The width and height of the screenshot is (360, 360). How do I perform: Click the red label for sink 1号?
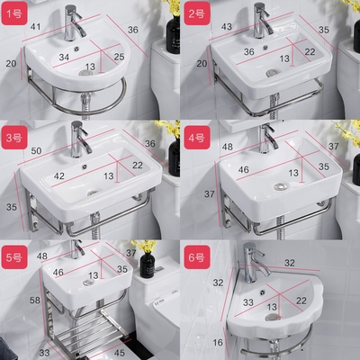14,13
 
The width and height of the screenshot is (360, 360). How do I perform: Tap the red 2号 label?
197,13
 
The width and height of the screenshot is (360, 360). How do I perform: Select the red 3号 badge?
14,138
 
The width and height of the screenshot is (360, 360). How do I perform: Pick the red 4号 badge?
197,138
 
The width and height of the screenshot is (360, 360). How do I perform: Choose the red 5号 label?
14,257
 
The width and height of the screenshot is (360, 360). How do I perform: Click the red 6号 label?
197,257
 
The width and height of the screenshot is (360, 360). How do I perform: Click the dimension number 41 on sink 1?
35,27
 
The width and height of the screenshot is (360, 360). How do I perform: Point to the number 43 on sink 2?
227,27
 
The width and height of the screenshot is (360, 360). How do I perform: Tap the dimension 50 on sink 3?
36,150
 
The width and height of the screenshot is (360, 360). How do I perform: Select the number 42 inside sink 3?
58,176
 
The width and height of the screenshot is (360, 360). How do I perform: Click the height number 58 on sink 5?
35,300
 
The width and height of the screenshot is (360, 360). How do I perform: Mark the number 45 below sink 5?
120,353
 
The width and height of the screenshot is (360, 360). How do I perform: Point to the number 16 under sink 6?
218,342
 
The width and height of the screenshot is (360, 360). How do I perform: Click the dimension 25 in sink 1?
119,57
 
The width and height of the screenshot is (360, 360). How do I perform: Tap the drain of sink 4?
281,186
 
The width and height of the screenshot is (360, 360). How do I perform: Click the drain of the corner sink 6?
273,317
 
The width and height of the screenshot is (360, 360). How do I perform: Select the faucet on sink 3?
78,139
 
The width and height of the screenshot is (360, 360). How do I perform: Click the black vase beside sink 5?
148,265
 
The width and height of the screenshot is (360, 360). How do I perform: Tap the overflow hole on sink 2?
265,47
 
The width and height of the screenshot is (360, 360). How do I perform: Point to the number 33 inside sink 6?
248,302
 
